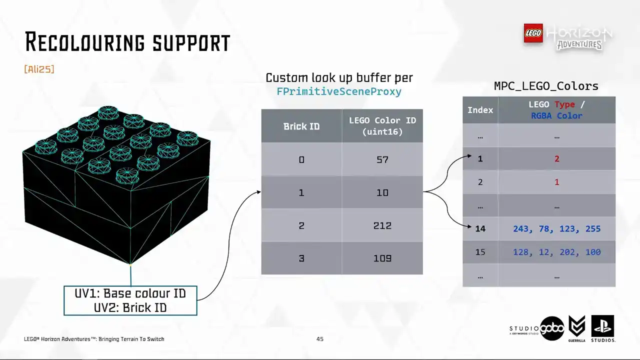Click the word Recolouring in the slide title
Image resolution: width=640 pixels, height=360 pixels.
point(85,42)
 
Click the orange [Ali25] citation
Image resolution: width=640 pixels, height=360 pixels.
point(39,69)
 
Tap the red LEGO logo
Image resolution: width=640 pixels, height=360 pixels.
point(533,33)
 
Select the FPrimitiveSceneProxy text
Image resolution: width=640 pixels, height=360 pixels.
point(339,91)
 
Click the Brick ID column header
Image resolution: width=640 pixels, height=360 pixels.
point(301,126)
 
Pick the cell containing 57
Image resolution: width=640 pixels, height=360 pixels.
point(382,159)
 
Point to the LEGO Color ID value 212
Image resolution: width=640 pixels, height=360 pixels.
point(382,225)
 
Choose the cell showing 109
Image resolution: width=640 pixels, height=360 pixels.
point(382,258)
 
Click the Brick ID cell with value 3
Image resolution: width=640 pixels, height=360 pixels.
point(301,258)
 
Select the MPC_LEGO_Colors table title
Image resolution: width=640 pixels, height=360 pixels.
point(546,86)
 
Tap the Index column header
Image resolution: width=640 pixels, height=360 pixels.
point(480,110)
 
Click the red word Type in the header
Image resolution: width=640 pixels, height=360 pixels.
point(564,104)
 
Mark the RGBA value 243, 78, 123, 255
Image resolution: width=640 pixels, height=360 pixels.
point(557,228)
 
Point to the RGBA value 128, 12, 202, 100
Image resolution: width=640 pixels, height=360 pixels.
point(557,252)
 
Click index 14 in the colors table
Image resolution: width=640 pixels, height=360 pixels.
point(480,228)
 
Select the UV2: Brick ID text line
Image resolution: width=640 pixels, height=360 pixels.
point(130,307)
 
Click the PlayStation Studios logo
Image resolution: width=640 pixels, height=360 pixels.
point(603,328)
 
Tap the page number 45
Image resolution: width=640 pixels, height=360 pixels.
point(319,339)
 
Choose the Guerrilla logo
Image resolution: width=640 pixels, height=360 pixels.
point(577,328)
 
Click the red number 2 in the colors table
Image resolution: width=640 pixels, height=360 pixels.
point(557,158)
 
